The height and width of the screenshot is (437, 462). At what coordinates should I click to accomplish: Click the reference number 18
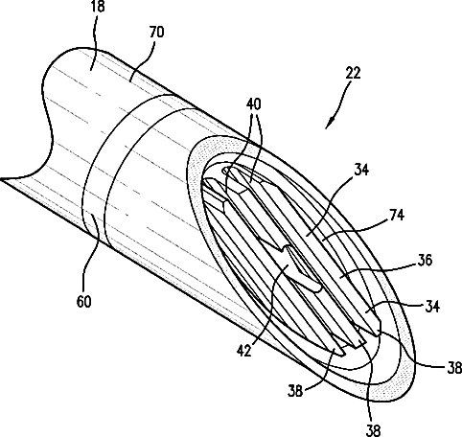coord(99,7)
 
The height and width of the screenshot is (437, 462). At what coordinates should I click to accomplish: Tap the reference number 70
coord(156,33)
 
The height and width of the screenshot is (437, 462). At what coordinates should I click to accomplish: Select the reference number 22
coord(353,73)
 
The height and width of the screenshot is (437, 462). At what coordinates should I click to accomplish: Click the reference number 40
coord(254,104)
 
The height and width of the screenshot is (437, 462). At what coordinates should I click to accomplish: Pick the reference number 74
coord(397,216)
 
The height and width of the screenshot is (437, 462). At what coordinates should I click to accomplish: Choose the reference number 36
coord(425,261)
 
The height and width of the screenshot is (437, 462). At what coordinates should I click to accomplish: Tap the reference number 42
coord(244,351)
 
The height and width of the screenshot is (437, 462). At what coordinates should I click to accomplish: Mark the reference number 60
coord(84,301)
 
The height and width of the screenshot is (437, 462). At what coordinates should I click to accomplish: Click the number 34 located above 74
coord(361,170)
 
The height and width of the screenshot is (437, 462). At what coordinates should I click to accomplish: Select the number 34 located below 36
coord(432,307)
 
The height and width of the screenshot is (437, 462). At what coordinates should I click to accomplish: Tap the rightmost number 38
coord(454,368)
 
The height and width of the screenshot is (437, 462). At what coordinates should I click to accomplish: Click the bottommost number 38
coord(373,430)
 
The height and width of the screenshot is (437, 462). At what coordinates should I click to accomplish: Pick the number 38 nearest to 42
coord(295,391)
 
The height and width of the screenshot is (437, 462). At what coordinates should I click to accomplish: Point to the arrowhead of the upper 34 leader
coord(306,235)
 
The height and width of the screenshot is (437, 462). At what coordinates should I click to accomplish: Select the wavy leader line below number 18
coord(93,41)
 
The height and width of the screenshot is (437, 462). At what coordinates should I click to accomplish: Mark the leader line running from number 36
coord(378,270)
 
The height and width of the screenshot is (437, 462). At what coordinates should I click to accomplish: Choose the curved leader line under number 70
coord(144,60)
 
